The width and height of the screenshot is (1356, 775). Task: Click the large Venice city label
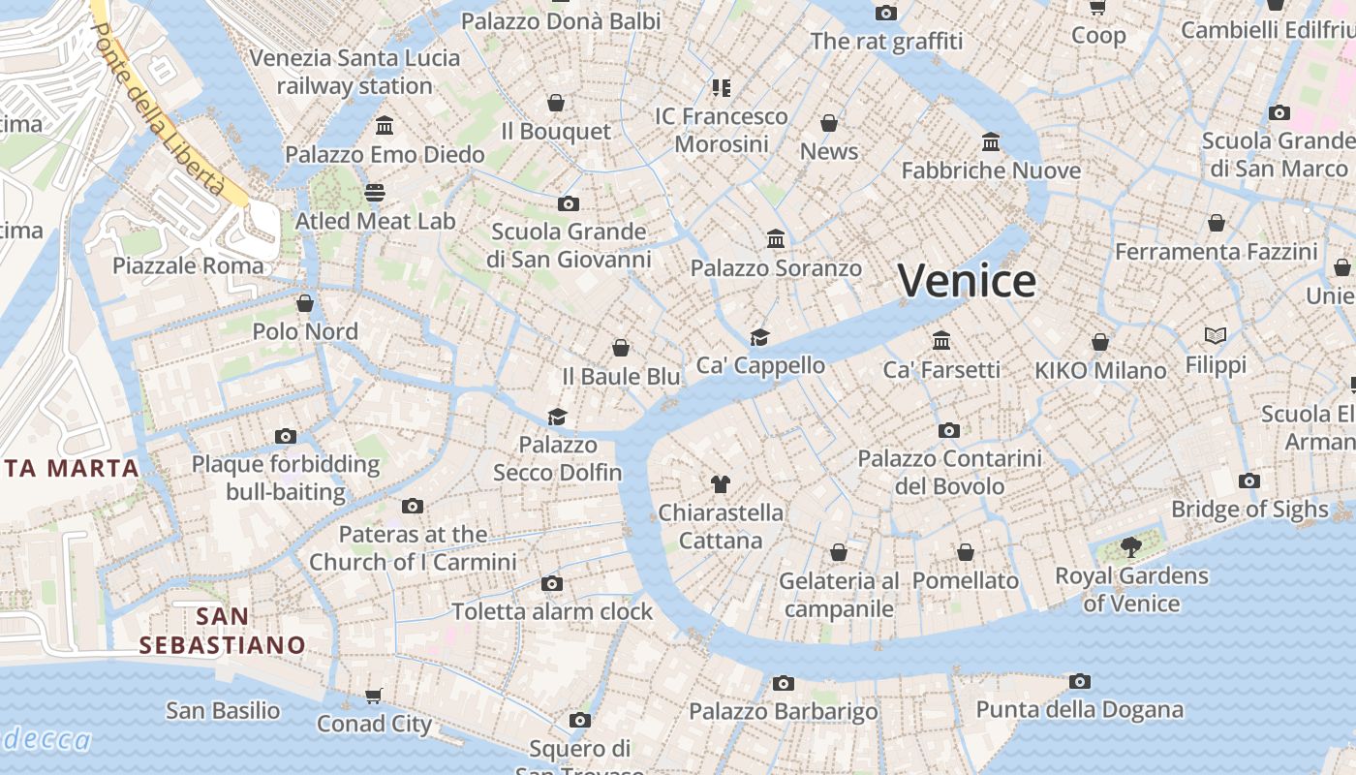pyautogui.click(x=967, y=281)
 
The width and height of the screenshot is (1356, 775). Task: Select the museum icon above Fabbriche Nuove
pyautogui.click(x=990, y=142)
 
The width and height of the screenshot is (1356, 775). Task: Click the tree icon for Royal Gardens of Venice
pyautogui.click(x=1130, y=547)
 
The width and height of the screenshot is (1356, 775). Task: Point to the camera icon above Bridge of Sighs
pyautogui.click(x=1248, y=480)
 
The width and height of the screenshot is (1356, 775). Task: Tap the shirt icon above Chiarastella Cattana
pyautogui.click(x=720, y=483)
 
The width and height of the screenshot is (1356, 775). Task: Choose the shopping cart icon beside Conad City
pyautogui.click(x=374, y=696)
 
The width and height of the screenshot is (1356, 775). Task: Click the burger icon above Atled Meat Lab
pyautogui.click(x=375, y=192)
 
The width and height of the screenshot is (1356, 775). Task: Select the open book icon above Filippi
pyautogui.click(x=1216, y=335)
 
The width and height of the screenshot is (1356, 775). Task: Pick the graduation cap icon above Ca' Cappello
pyautogui.click(x=760, y=337)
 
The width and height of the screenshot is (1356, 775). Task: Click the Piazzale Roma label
pyautogui.click(x=188, y=265)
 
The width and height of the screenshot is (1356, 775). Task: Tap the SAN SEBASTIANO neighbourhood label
pyautogui.click(x=222, y=631)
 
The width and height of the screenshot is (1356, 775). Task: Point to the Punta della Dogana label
pyautogui.click(x=1079, y=709)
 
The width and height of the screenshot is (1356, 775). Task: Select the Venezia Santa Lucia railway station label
pyautogui.click(x=354, y=72)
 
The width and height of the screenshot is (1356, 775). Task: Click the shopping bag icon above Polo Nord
pyautogui.click(x=305, y=303)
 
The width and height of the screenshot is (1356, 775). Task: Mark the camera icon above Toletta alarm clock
pyautogui.click(x=552, y=583)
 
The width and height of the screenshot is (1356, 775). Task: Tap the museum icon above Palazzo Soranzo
pyautogui.click(x=776, y=238)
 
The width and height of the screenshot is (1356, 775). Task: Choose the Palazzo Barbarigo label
pyautogui.click(x=784, y=712)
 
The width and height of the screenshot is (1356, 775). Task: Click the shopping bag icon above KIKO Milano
pyautogui.click(x=1100, y=342)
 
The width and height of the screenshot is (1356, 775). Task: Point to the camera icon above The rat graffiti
pyautogui.click(x=886, y=13)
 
